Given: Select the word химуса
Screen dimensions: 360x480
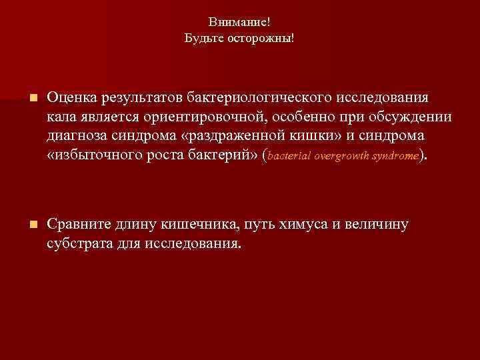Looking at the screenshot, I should tap(298, 224).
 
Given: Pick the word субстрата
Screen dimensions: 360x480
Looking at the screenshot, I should tap(77, 243).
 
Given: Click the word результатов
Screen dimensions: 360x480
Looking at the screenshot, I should tap(139, 98).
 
